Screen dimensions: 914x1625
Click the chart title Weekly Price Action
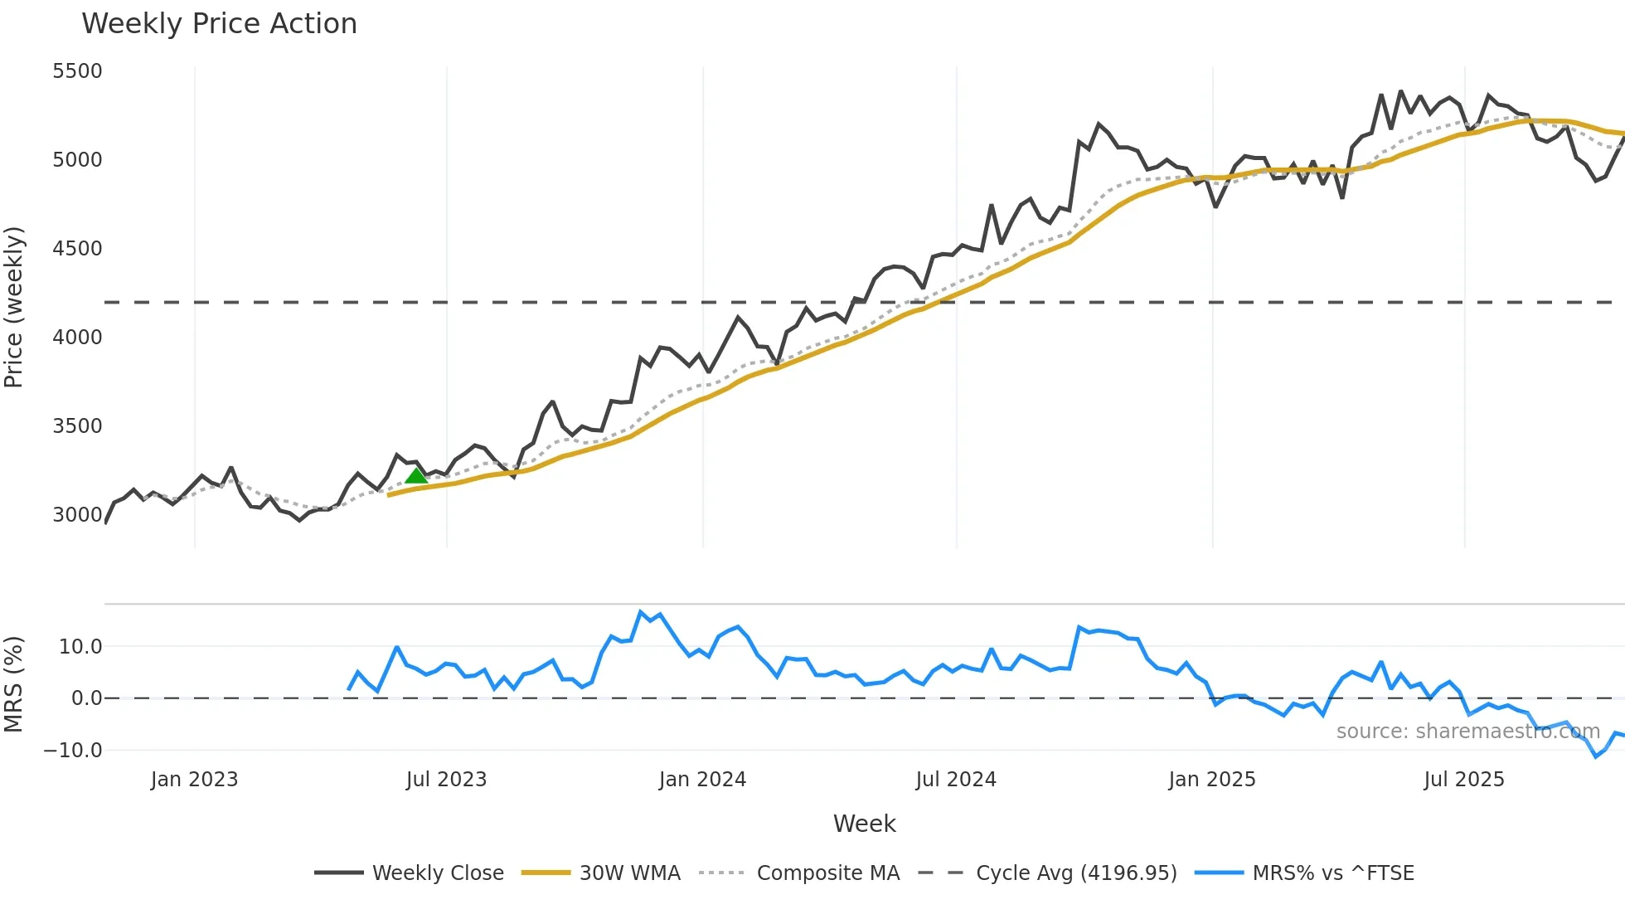click(x=219, y=24)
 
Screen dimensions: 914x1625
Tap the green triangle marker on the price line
click(x=416, y=475)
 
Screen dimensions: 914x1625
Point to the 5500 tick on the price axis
click(x=77, y=71)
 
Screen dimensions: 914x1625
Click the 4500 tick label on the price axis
click(x=77, y=249)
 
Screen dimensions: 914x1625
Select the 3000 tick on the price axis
click(x=77, y=515)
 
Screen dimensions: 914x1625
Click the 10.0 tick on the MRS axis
click(x=80, y=647)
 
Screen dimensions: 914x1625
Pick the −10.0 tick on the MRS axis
click(x=73, y=751)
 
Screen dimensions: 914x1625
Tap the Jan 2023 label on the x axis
click(x=194, y=780)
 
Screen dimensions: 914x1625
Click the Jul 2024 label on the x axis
click(x=956, y=780)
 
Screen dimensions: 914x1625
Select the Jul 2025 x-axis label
click(x=1464, y=780)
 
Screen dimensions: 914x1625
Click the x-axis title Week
click(x=864, y=824)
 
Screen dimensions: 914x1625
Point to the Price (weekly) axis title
click(x=13, y=307)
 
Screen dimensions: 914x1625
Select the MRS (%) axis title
click(x=13, y=684)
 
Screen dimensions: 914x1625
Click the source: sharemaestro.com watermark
click(x=1467, y=732)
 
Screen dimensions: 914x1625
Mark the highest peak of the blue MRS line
click(x=641, y=612)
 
